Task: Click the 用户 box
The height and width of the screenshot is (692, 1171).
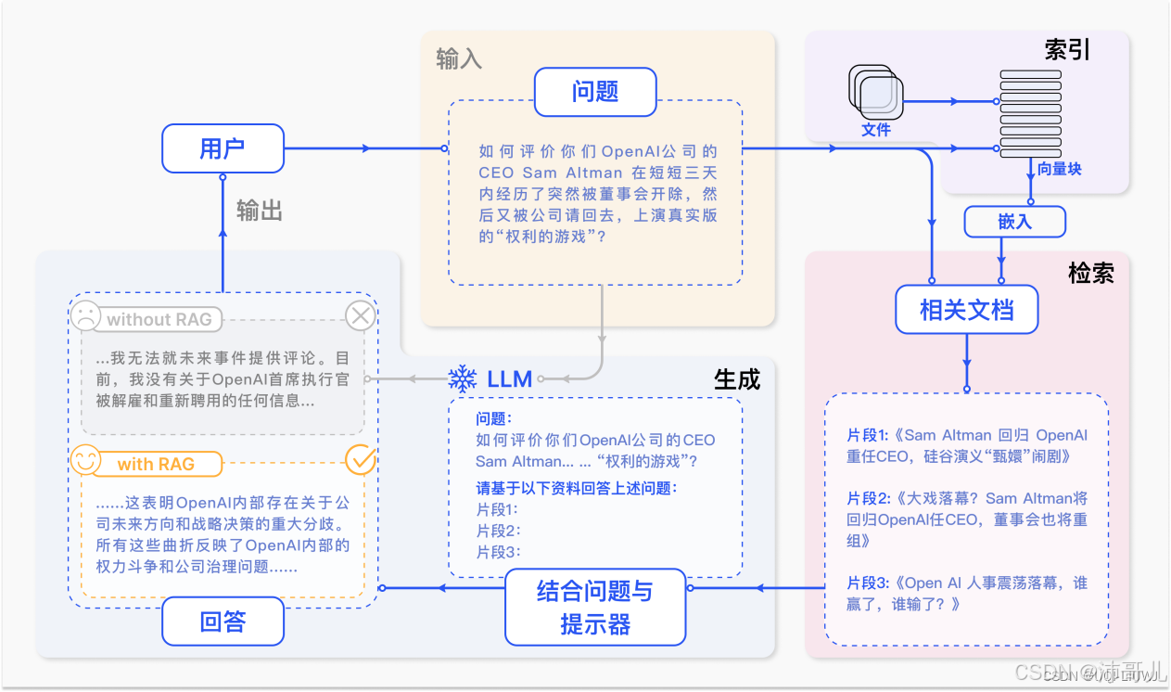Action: pos(223,148)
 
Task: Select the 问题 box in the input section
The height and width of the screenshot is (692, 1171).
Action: pos(595,92)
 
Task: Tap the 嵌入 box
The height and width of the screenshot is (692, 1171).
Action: pos(1014,222)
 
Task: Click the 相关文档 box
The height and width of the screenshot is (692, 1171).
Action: pos(966,310)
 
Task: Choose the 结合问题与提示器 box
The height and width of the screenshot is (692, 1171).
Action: pos(595,608)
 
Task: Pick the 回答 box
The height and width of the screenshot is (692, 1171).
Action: pos(223,621)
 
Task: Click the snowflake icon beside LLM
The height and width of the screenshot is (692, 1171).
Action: pos(462,378)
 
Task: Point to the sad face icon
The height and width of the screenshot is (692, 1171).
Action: pos(85,315)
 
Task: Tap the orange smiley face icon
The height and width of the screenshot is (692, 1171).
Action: pos(85,460)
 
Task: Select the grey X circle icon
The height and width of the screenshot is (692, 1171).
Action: pos(360,316)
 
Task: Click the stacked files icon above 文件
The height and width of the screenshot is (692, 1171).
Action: pos(875,93)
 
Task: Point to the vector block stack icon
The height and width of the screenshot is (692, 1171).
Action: pos(1029,114)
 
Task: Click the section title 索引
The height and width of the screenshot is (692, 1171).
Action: pos(1067,50)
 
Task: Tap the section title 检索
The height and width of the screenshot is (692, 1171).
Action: pos(1090,273)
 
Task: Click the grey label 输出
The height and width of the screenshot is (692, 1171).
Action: pos(260,211)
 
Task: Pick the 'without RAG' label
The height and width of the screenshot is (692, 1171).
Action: pos(159,320)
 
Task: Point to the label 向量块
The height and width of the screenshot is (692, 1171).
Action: pos(1059,169)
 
